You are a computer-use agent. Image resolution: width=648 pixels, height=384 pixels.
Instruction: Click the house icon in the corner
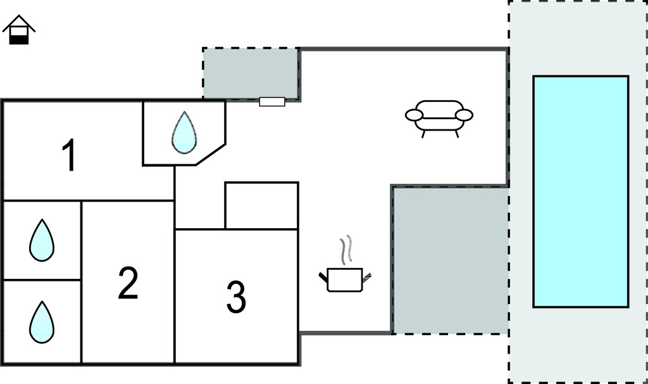(x=19, y=30)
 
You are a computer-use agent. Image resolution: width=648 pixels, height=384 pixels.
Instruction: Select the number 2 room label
(x=128, y=283)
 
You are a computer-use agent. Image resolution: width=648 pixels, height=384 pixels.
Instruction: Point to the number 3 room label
(x=235, y=297)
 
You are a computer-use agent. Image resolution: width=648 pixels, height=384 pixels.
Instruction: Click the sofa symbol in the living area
(x=439, y=117)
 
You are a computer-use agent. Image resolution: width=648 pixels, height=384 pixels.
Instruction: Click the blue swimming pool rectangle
(x=580, y=191)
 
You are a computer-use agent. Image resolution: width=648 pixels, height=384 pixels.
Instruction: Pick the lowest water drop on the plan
(x=42, y=323)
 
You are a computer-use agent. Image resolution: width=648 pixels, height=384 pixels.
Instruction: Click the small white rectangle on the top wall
(x=272, y=101)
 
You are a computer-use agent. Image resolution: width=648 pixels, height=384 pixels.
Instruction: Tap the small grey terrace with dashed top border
(x=251, y=73)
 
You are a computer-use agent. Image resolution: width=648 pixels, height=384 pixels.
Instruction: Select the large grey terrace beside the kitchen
(x=451, y=260)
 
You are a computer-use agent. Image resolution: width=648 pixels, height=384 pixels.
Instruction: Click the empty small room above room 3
(x=261, y=205)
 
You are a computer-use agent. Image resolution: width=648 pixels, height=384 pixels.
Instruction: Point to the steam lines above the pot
(x=345, y=251)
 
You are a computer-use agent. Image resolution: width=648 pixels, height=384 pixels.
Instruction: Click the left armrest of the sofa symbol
(x=414, y=115)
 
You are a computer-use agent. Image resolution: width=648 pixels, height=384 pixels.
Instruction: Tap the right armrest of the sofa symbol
(x=464, y=115)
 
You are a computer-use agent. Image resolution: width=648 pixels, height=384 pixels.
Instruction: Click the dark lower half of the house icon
(x=20, y=39)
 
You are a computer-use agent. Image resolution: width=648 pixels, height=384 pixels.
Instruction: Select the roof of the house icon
(x=19, y=22)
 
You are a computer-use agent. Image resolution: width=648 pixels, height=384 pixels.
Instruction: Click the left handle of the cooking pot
(x=323, y=276)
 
